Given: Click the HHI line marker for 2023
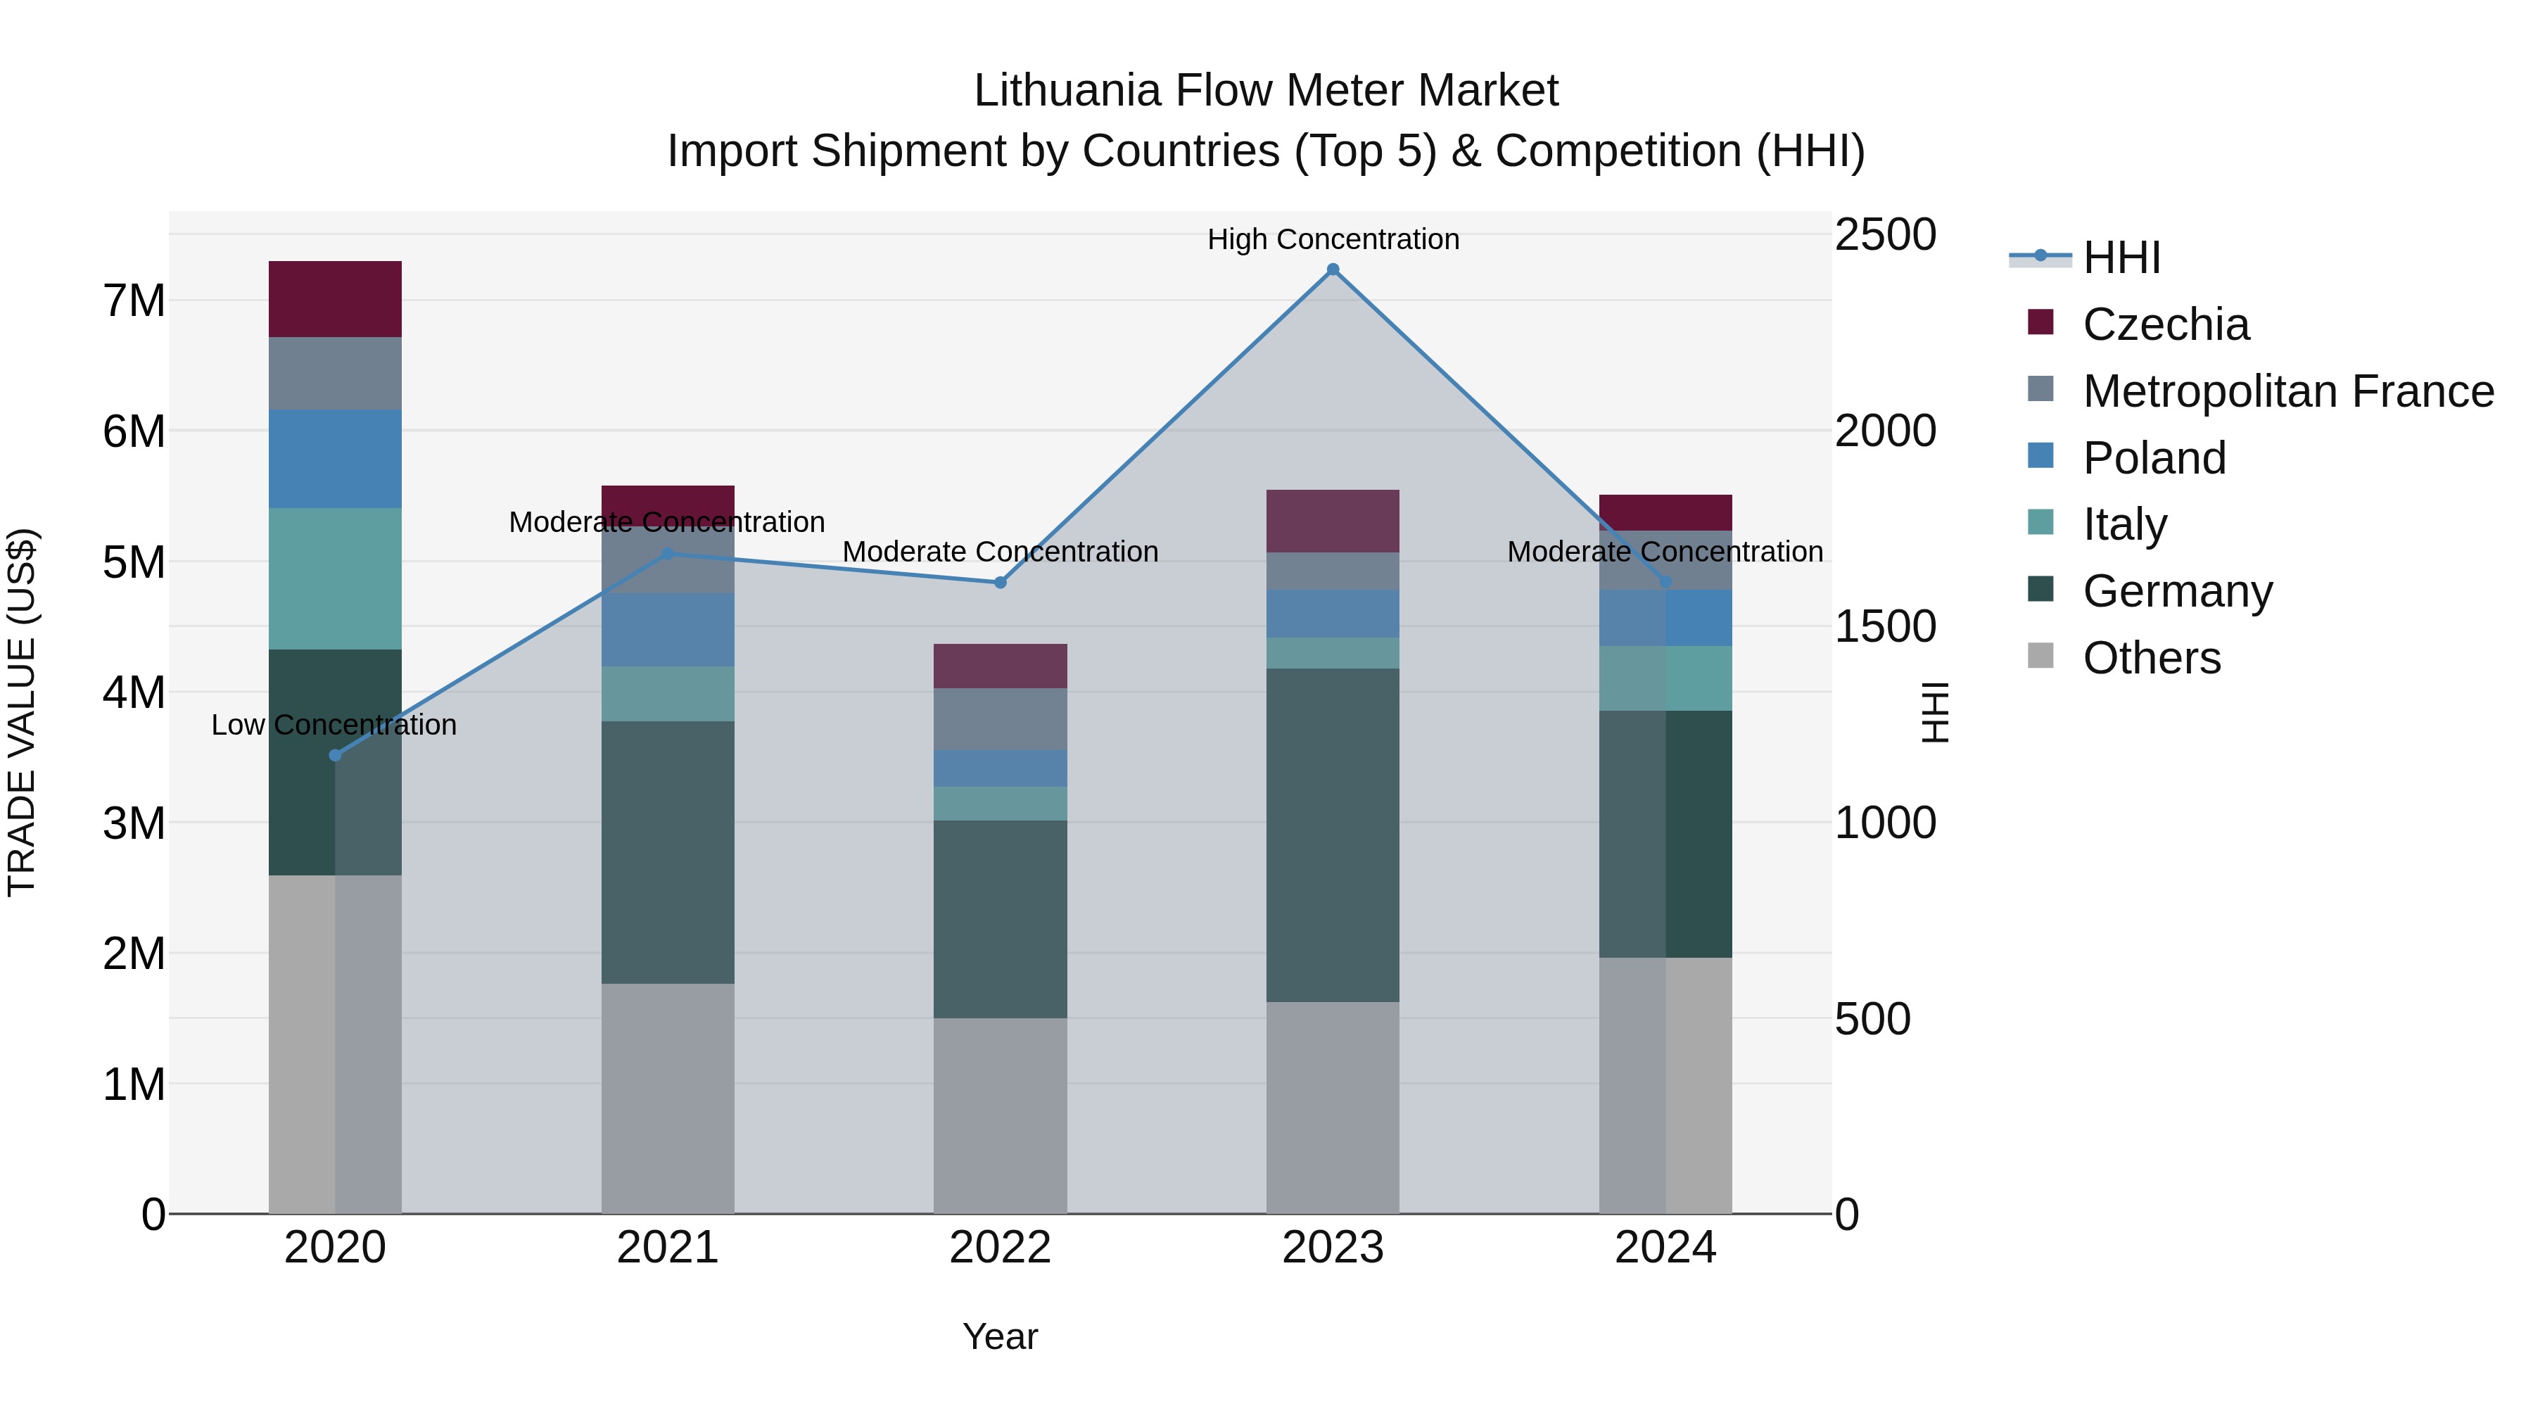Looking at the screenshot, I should tap(1333, 270).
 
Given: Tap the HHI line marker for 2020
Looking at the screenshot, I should tap(336, 755).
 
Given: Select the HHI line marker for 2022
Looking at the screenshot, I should tap(1000, 582).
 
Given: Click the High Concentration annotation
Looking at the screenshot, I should tap(1333, 240).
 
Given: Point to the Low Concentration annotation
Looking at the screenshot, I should tap(334, 726).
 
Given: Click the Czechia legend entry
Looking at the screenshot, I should tap(2165, 324).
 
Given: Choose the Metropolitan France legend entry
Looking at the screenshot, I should tap(2287, 391).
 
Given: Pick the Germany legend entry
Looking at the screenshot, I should tap(2177, 591).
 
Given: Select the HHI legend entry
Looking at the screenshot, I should tap(2121, 258).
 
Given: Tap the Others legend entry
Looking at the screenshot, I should tap(2152, 658).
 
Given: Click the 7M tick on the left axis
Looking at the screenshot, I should tap(134, 301).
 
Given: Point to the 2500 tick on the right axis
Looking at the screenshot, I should tap(1885, 235).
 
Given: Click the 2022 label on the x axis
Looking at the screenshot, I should tap(1000, 1248).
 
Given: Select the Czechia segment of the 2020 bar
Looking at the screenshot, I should tap(336, 300).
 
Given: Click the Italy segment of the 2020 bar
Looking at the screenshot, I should tap(336, 578).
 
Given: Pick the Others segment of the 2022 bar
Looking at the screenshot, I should tap(1000, 1115).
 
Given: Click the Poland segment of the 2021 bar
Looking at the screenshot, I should tap(668, 629).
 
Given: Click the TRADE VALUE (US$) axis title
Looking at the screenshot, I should tap(22, 712).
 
